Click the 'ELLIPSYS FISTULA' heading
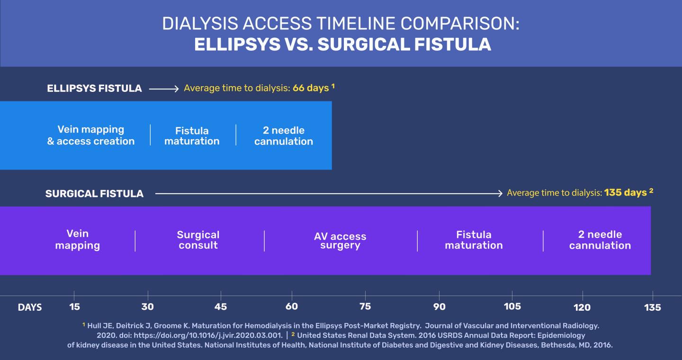coord(94,89)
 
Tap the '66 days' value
coord(310,88)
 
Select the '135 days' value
coord(625,193)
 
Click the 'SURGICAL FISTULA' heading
coord(94,194)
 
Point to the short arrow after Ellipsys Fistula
coord(163,89)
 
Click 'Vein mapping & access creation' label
coord(91,135)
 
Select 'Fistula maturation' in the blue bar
coord(192,136)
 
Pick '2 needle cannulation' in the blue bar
coord(283,136)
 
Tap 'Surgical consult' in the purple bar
coord(198,240)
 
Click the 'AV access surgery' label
coord(340,241)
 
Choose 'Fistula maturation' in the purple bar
coord(474,240)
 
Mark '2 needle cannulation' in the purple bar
coord(600,240)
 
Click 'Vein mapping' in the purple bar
coord(78,240)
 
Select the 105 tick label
coord(512,306)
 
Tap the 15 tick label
coord(74,306)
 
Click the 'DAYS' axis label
coord(30,307)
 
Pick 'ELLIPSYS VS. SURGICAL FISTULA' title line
coord(342,44)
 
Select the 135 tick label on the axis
coord(652,307)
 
